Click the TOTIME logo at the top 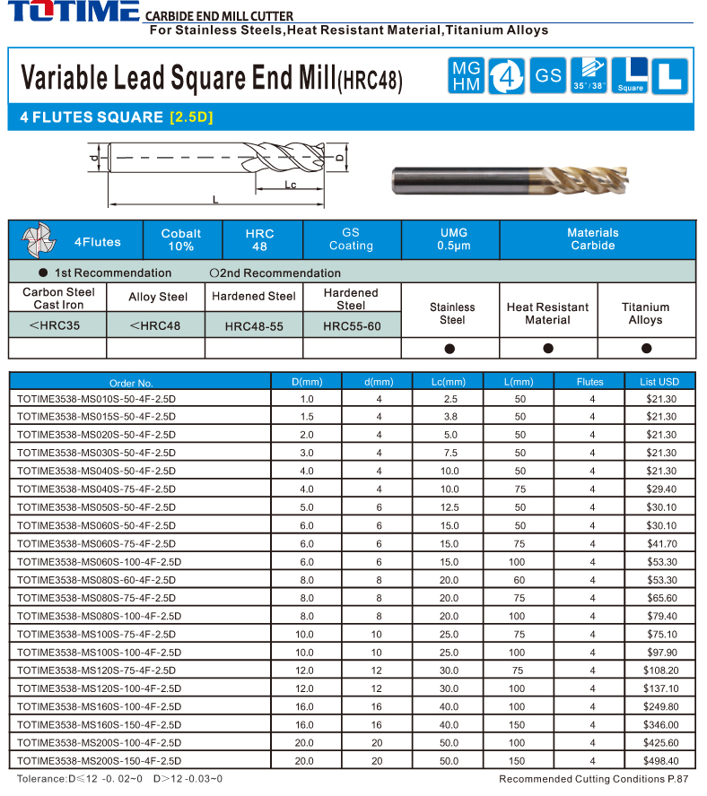point(72,13)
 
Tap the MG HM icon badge point(466,76)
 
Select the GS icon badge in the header point(547,76)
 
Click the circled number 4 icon point(507,76)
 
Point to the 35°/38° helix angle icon point(589,76)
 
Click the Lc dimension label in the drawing point(290,185)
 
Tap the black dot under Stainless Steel point(450,348)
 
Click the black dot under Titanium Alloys point(646,348)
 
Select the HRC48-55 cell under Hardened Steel point(254,326)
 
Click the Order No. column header point(131,382)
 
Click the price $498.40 point(662,761)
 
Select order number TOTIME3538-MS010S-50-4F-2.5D point(96,398)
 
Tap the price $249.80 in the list point(662,706)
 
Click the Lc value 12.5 point(450,507)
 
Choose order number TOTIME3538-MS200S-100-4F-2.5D point(99,743)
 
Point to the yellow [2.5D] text point(191,117)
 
